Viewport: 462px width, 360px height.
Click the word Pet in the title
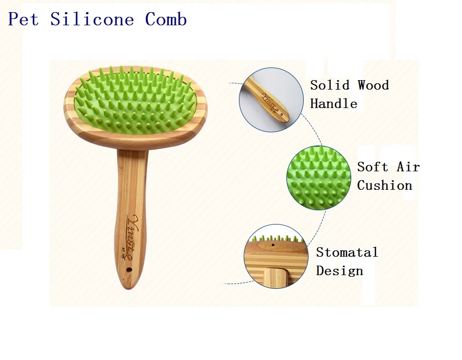tap(23, 20)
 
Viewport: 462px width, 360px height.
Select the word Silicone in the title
tap(92, 20)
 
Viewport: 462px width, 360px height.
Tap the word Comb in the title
tap(166, 20)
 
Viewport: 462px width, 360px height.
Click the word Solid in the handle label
tap(330, 85)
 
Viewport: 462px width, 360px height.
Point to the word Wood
tap(373, 85)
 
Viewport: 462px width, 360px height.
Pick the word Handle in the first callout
tap(333, 103)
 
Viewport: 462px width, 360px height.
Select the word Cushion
tap(384, 185)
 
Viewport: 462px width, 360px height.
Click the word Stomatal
tap(347, 252)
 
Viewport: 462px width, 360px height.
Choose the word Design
tap(340, 271)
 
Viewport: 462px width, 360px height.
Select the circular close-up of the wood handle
tap(272, 100)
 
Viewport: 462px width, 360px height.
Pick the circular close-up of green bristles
tap(319, 178)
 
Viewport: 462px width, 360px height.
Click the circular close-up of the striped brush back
tap(275, 257)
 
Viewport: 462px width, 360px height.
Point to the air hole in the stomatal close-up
tap(273, 246)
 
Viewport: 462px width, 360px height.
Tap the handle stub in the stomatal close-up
tap(276, 278)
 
